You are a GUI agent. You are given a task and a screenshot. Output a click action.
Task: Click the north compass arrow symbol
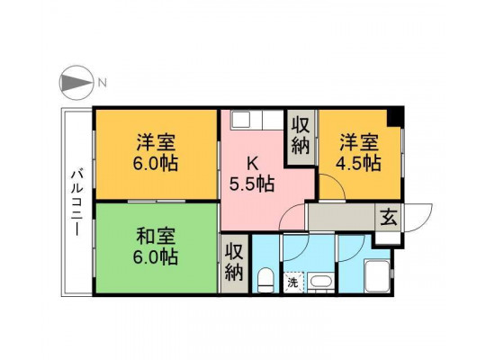[x=76, y=83]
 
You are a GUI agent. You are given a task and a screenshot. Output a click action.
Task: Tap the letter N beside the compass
[x=103, y=83]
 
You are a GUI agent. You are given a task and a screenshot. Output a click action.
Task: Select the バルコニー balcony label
[x=76, y=202]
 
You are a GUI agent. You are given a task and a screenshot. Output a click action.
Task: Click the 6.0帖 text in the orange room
[x=156, y=163]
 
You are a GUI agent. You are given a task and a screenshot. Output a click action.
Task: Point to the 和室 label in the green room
[x=156, y=237]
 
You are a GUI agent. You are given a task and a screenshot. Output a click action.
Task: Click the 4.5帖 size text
[x=358, y=163]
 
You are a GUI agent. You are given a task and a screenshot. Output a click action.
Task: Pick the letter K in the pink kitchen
[x=253, y=164]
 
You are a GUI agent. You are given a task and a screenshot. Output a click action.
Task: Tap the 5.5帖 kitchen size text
[x=252, y=184]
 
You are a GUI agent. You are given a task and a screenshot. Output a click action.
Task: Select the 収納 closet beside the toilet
[x=234, y=263]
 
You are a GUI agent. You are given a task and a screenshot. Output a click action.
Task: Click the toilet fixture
[x=265, y=280]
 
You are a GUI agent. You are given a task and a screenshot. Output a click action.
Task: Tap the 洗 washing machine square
[x=293, y=283]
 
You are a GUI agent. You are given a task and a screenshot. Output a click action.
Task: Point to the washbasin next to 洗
[x=321, y=283]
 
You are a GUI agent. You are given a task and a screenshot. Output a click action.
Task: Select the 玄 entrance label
[x=389, y=217]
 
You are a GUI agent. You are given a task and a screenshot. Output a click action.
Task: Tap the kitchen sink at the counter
[x=242, y=120]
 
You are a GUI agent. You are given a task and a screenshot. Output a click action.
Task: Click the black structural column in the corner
[x=395, y=117]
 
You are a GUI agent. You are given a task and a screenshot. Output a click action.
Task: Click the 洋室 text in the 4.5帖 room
[x=358, y=141]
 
